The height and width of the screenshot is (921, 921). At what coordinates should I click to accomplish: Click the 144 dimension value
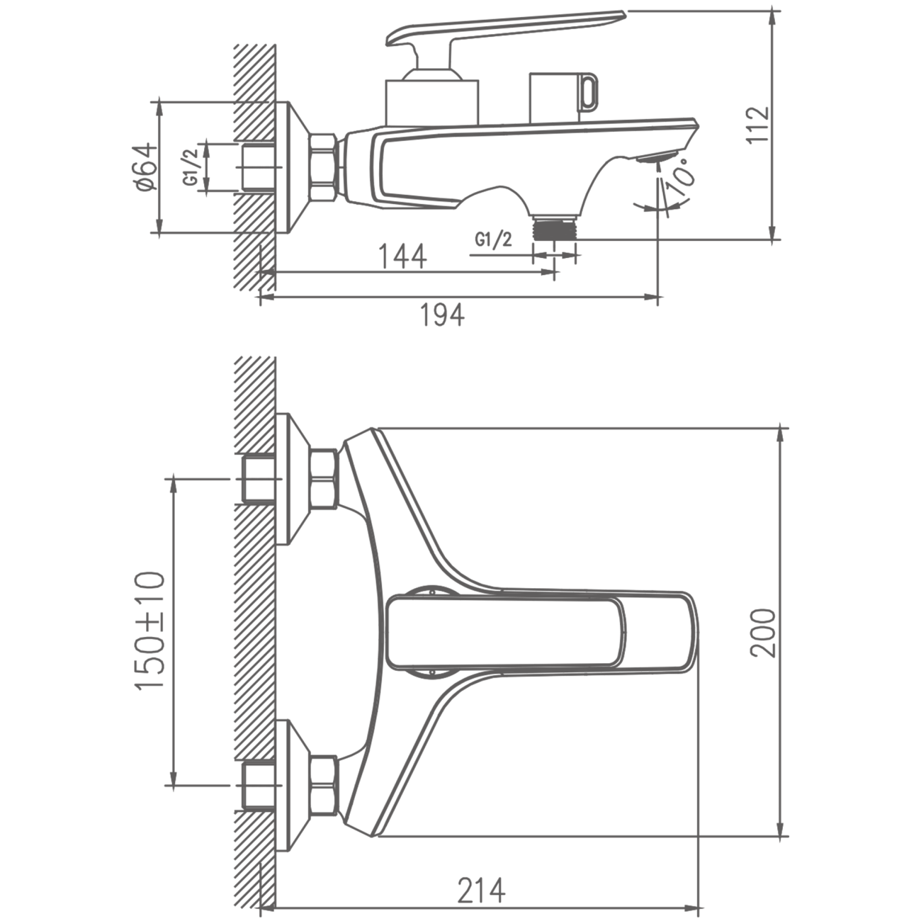(x=402, y=256)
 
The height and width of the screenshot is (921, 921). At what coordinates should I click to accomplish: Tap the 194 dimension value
(x=441, y=315)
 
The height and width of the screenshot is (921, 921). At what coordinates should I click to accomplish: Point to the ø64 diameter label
(x=146, y=166)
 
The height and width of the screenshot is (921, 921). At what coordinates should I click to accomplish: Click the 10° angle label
(x=682, y=176)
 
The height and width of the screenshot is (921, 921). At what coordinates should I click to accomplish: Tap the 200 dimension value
(x=763, y=633)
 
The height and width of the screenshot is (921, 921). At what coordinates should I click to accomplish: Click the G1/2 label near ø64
(x=191, y=168)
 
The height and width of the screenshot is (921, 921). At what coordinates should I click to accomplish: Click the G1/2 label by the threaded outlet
(x=493, y=239)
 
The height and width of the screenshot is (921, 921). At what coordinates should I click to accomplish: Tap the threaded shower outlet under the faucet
(x=555, y=227)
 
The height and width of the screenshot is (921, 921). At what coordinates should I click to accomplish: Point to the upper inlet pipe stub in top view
(x=259, y=479)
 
